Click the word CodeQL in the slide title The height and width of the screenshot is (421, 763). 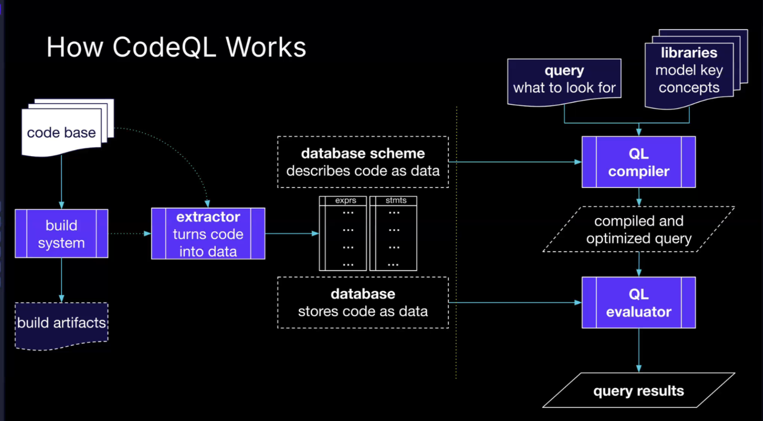164,47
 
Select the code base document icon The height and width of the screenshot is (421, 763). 61,132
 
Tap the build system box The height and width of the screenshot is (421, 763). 61,233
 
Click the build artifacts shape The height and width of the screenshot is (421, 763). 61,324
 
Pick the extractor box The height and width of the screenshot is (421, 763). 208,233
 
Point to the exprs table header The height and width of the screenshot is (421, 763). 345,200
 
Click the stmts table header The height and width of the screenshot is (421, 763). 396,200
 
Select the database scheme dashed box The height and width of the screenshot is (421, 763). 363,162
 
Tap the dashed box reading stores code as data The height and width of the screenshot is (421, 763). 363,302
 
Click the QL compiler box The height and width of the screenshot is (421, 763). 638,162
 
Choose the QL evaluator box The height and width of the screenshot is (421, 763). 638,302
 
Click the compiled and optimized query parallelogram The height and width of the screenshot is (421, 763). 638,230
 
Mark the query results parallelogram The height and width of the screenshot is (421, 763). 638,390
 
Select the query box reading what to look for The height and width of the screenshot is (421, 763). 564,80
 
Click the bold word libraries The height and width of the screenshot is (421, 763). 689,53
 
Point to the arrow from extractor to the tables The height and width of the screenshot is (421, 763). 292,233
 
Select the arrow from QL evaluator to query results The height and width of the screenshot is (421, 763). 638,349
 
